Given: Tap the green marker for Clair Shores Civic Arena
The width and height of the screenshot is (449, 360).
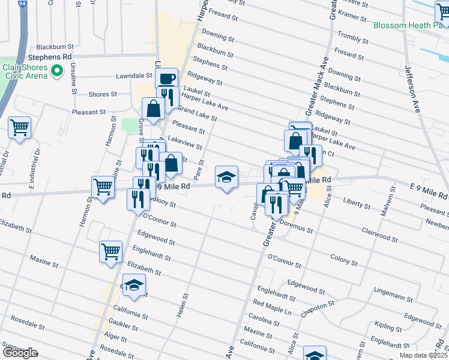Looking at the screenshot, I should click(57, 71).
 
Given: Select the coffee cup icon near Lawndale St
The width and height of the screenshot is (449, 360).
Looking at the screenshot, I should click(166, 78).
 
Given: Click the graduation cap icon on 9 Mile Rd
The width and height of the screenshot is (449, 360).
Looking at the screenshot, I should click(226, 177).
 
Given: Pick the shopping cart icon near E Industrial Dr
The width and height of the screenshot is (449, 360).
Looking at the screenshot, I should click(20, 128).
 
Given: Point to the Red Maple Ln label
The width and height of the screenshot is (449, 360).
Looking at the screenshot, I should click(271, 311).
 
